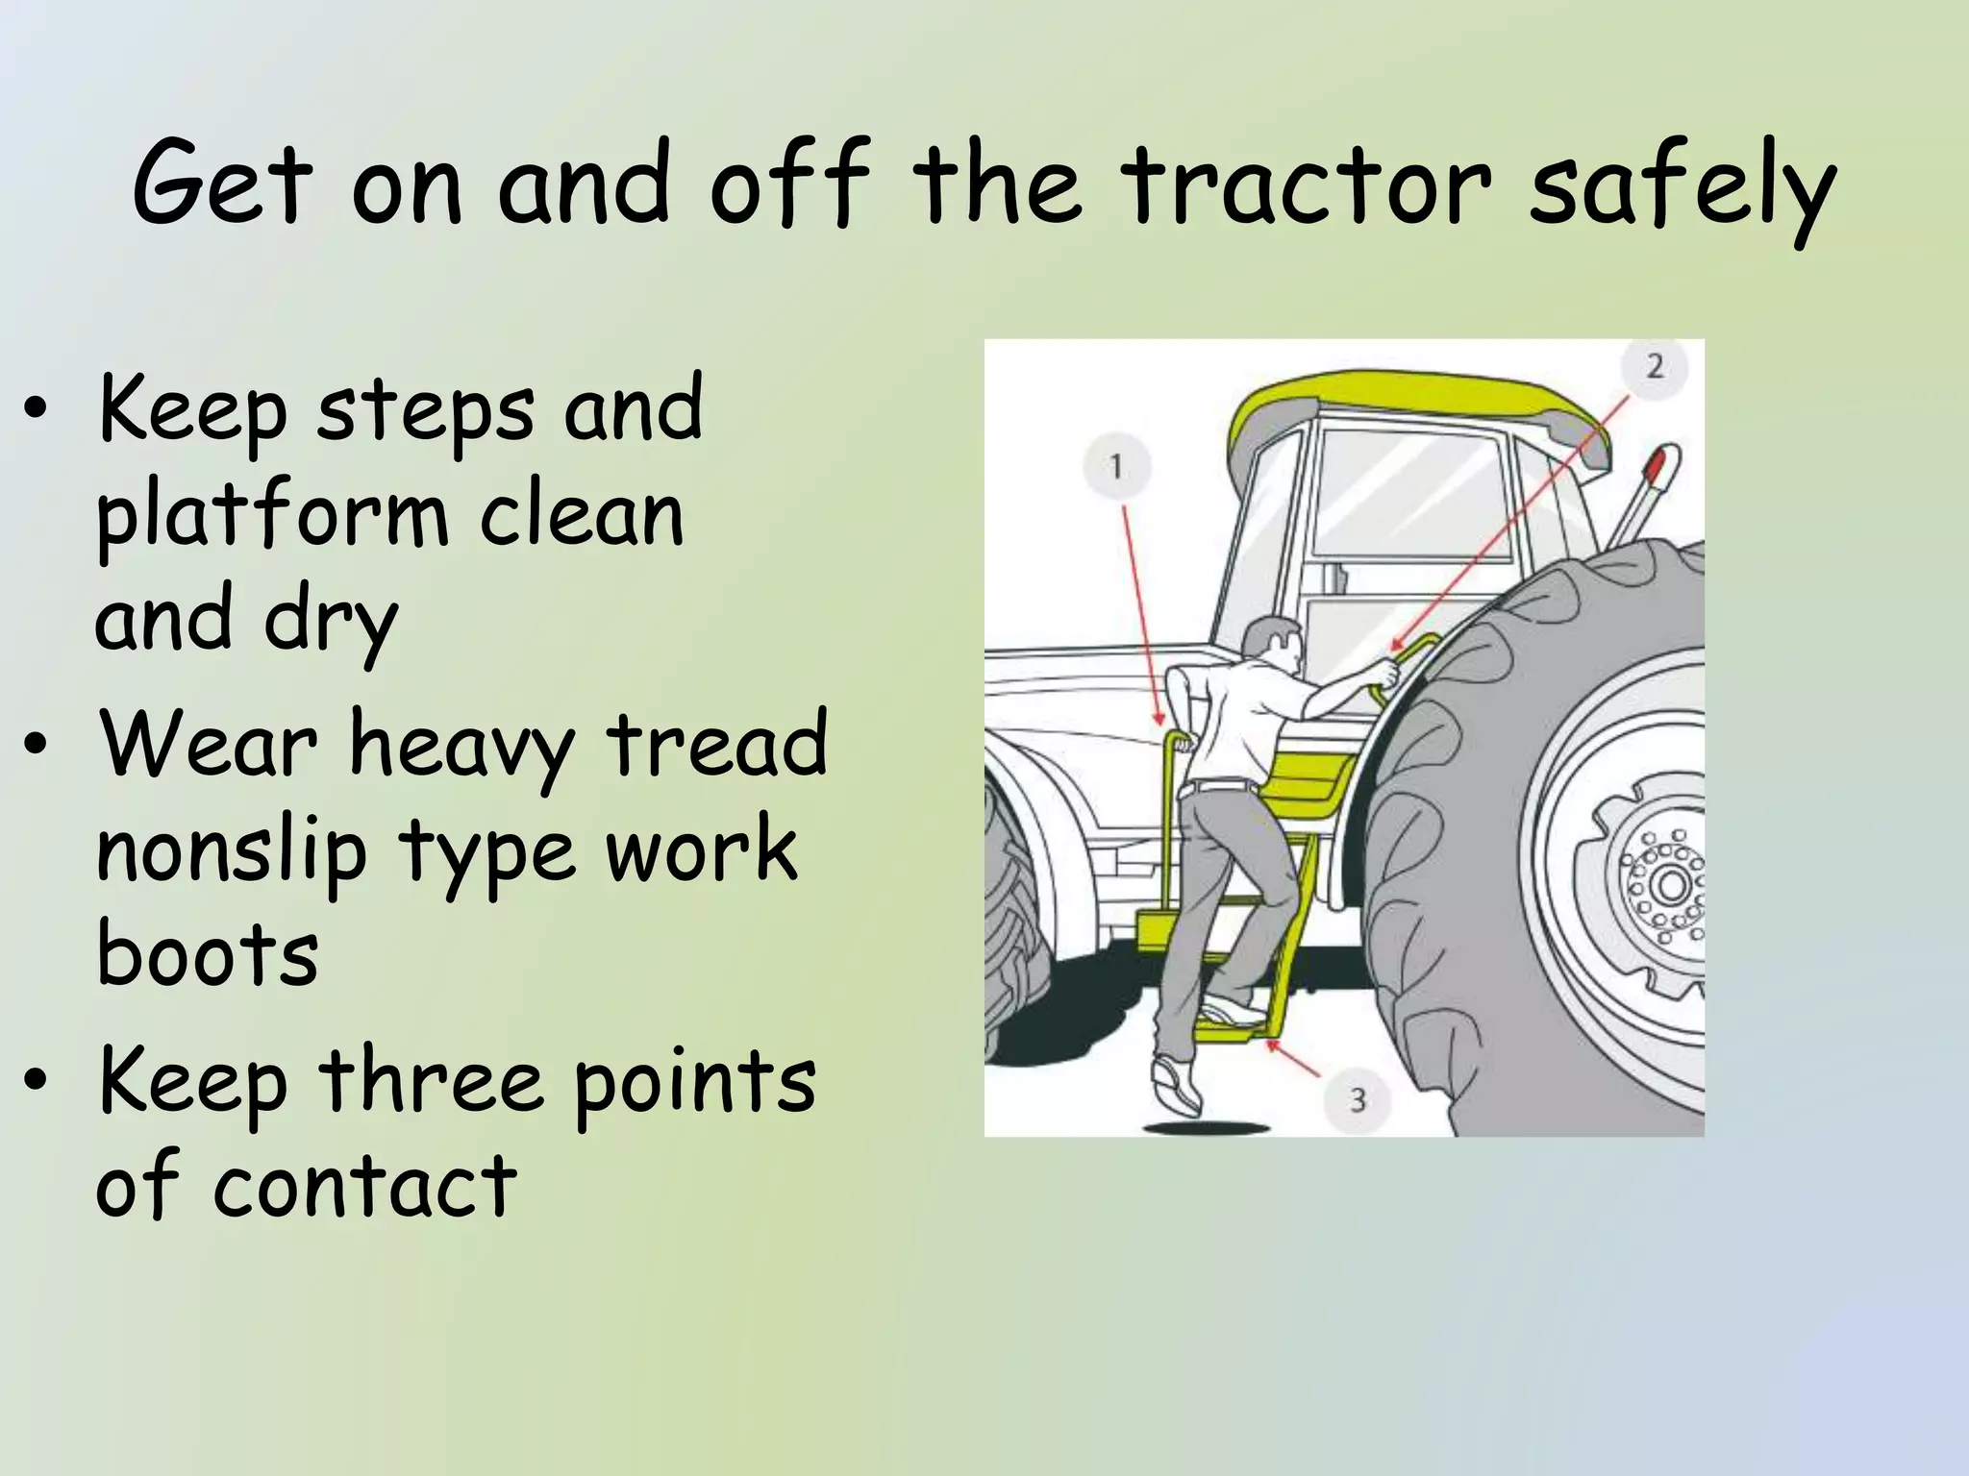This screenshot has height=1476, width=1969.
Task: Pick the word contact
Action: pyautogui.click(x=365, y=1185)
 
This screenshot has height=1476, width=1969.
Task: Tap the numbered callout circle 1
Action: pyautogui.click(x=1116, y=467)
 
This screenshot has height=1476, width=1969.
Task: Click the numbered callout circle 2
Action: pyautogui.click(x=1655, y=366)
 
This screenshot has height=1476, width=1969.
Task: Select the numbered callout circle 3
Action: pyautogui.click(x=1357, y=1098)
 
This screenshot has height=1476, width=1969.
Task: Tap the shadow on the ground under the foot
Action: pyautogui.click(x=1207, y=1126)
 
